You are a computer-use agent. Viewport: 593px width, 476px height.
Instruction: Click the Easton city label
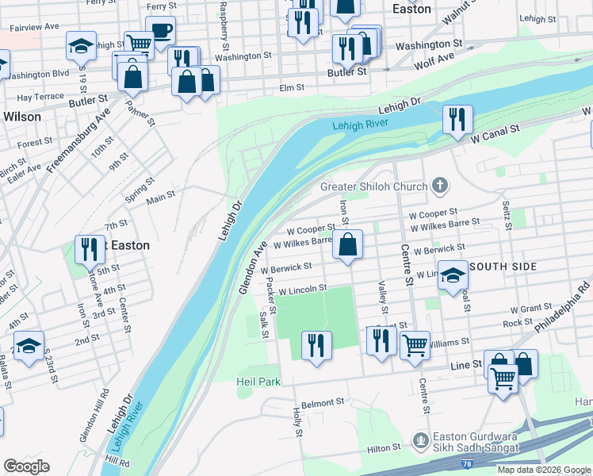coord(412,10)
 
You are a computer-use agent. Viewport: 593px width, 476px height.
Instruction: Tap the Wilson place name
coord(22,116)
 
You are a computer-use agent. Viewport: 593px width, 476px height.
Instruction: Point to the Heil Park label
coord(258,382)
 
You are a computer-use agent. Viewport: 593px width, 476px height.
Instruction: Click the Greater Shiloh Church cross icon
coord(441,186)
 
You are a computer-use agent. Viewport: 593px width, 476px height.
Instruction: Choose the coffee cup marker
coord(161,32)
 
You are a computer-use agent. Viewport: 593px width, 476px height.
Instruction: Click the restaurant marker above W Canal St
coord(457,120)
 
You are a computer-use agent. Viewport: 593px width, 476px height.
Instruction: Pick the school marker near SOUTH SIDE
coord(453,275)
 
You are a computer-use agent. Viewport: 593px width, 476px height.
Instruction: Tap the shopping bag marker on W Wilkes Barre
coord(347,244)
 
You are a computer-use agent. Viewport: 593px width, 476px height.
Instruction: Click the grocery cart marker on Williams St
coord(415,346)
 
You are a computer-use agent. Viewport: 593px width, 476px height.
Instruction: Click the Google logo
coord(26,466)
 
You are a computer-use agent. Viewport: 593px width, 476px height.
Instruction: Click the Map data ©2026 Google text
coord(543,470)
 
